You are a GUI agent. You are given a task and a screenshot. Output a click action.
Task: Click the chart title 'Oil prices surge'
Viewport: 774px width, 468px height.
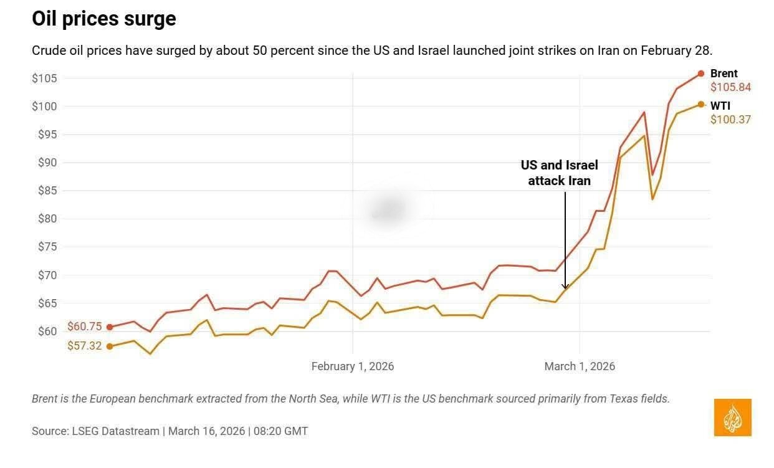[104, 19]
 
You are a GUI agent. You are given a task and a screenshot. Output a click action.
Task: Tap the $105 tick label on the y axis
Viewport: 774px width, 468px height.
[44, 79]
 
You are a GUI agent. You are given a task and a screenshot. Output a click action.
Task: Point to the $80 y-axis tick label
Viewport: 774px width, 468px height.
[47, 219]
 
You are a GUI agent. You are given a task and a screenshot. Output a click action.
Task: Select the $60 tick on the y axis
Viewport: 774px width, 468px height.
[47, 332]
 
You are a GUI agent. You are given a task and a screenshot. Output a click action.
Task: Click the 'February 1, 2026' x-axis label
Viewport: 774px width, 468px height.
[353, 366]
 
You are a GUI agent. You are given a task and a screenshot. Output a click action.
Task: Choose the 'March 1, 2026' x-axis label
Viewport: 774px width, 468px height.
[580, 366]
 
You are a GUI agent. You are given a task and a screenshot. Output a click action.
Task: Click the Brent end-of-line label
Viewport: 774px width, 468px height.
[724, 74]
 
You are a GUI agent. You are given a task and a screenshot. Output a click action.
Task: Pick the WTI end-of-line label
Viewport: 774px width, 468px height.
[720, 105]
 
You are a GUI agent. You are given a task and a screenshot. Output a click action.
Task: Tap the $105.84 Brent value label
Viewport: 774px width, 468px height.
[730, 87]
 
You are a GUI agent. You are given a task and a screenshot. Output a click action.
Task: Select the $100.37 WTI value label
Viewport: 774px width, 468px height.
[730, 120]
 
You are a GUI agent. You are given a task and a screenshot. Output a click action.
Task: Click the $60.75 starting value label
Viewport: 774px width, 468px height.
[85, 327]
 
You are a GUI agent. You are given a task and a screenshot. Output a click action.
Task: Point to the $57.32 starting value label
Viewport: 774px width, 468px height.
[85, 346]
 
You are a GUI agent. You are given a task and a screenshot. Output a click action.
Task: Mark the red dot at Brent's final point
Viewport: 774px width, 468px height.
[700, 74]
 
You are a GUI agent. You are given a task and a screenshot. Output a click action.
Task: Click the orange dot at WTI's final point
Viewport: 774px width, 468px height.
[700, 105]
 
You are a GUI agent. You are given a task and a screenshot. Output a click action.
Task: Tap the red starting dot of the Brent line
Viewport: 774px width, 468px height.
[110, 327]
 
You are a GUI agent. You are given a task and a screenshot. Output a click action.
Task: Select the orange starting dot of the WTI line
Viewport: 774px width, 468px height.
[110, 346]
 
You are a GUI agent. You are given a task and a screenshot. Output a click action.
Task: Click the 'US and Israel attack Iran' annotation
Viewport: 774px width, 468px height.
[560, 173]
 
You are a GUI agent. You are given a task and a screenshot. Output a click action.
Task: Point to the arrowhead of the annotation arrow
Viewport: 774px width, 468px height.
[565, 287]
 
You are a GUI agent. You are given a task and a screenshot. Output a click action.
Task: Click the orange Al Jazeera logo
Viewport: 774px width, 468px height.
[732, 418]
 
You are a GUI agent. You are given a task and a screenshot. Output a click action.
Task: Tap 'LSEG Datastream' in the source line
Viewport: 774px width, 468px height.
[116, 431]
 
